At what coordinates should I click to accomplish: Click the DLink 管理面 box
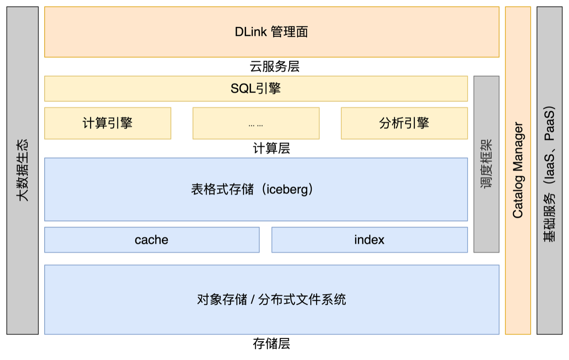coord(271,32)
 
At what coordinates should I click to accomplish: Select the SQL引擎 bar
coord(256,88)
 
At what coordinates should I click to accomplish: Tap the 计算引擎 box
coord(108,123)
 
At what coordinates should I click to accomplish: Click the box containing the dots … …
coord(256,123)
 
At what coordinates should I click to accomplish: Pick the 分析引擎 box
coord(404,123)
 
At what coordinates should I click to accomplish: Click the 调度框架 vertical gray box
coord(486,164)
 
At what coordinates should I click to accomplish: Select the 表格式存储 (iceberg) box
coord(256,189)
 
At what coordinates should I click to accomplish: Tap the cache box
coord(152,240)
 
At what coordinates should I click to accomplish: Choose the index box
coord(369,240)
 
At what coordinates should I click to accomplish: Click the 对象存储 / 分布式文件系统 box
coord(271,299)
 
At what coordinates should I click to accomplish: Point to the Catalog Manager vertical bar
coord(518,170)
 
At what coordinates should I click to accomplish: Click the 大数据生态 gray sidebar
coord(22,170)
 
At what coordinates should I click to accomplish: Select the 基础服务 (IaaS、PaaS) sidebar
coord(549,174)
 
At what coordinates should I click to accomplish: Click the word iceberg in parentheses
coord(287,189)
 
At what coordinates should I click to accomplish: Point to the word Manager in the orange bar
coord(518,146)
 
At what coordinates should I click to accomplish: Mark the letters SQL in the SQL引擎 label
coord(243,88)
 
